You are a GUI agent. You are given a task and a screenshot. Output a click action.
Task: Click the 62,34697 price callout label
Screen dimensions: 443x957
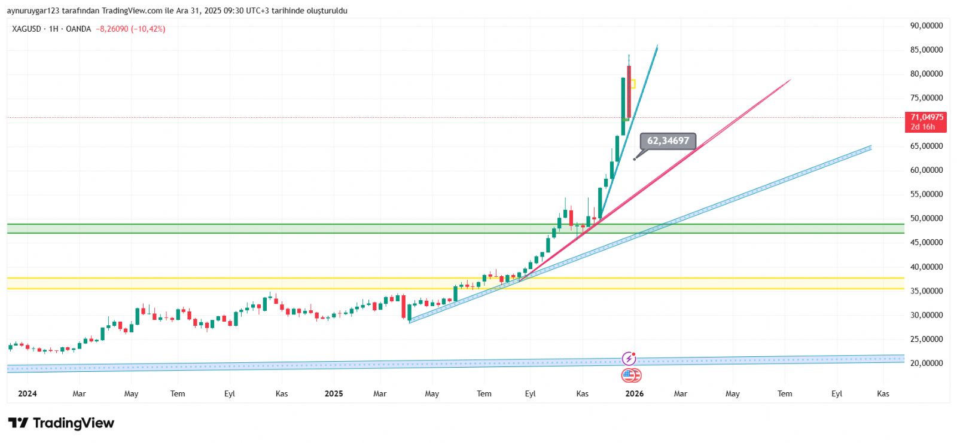pos(668,141)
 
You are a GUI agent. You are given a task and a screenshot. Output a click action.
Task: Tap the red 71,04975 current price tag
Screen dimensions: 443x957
pos(926,117)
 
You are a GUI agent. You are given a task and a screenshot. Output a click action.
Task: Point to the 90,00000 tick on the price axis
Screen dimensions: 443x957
pos(926,26)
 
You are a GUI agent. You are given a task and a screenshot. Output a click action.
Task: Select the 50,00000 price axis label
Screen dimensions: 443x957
pos(926,218)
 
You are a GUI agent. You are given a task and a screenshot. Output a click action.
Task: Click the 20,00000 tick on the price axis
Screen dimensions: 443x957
pos(926,363)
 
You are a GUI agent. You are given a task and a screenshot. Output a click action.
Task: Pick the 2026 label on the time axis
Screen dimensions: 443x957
pos(634,393)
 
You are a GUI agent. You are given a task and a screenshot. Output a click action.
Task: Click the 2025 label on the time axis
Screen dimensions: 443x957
pos(333,393)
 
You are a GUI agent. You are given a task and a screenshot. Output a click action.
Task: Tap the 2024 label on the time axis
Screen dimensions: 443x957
pos(28,393)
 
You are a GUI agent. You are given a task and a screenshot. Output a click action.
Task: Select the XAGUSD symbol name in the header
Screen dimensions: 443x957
pos(26,29)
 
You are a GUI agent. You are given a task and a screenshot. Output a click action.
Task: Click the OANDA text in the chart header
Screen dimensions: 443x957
pos(78,29)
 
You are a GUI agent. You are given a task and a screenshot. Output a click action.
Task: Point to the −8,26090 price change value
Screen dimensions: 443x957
pos(112,29)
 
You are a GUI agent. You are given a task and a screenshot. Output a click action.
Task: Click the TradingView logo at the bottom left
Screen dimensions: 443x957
pos(61,423)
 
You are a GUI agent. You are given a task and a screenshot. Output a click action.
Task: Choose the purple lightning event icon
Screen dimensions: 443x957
pos(629,359)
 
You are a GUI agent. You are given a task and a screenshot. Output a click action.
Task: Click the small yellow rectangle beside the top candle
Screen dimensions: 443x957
pos(633,84)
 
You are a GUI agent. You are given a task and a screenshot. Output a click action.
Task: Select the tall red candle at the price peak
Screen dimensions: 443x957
pos(629,90)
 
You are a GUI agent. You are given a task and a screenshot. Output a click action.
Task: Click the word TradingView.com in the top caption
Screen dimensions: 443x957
pos(132,11)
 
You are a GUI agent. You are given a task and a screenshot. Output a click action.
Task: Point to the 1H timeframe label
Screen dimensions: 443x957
pos(54,29)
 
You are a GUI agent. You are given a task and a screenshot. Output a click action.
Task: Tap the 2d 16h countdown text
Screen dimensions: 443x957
pos(923,127)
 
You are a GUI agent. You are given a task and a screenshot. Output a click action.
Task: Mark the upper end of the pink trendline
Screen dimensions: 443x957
pos(790,80)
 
